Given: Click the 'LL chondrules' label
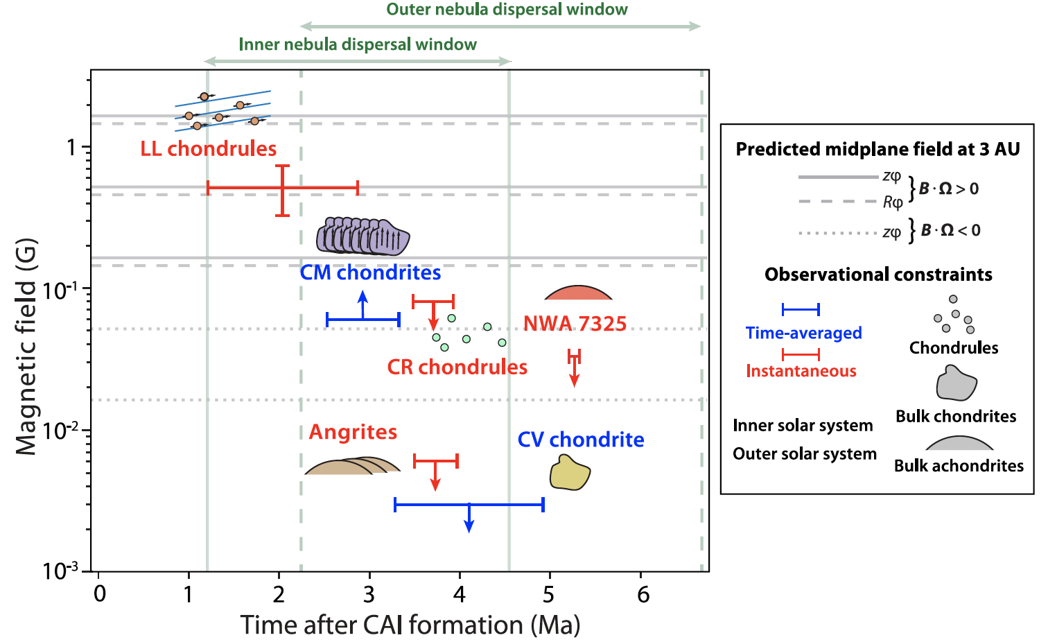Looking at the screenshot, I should point(208,148).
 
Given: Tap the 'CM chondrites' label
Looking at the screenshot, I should point(370,272).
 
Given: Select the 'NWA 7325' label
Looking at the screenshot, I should point(575,324).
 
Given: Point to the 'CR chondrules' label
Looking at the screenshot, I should point(457,367).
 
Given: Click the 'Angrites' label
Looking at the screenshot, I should point(353,432).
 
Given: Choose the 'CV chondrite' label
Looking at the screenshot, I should point(581,440).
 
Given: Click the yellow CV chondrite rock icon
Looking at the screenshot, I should point(570,473).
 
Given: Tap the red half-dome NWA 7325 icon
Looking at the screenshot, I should point(579,293).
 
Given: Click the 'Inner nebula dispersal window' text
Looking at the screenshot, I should point(358,44).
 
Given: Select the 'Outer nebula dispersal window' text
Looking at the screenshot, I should point(507,10).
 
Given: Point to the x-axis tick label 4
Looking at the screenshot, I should point(459,594).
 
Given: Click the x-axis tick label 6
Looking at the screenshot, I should point(643,594).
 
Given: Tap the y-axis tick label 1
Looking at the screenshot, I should point(71,147).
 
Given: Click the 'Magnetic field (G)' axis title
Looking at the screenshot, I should point(26,347).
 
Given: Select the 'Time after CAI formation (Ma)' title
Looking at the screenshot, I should point(410,625).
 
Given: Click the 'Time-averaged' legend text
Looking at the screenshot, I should point(803,333).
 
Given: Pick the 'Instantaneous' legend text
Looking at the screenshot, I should point(801,371).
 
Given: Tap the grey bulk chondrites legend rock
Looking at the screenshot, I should point(956,383).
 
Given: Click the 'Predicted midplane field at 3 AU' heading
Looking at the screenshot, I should point(877,149).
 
